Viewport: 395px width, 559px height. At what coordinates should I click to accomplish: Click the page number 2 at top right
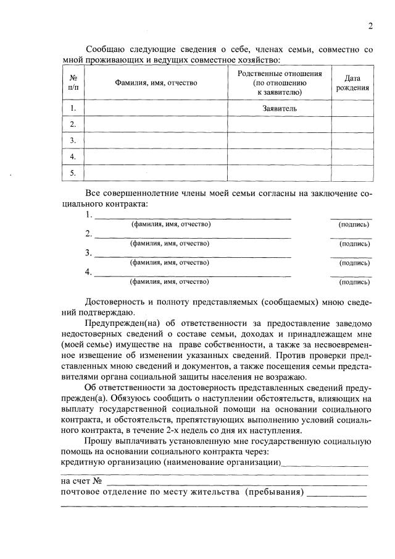click(x=370, y=26)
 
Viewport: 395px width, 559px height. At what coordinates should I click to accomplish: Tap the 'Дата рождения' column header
click(x=352, y=83)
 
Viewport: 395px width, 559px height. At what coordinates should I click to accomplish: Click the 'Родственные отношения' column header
click(x=280, y=83)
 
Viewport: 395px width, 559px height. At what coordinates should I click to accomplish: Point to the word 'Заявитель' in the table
click(x=280, y=108)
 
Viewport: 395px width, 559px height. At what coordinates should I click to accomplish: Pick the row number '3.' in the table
click(x=73, y=140)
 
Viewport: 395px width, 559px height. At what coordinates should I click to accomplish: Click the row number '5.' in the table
click(x=73, y=173)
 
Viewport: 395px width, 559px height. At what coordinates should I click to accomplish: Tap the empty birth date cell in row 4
click(x=352, y=156)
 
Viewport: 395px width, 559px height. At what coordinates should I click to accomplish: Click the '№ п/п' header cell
click(x=73, y=83)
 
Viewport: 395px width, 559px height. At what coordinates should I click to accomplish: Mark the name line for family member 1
click(x=191, y=217)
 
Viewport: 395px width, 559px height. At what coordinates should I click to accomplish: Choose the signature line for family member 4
click(x=351, y=275)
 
